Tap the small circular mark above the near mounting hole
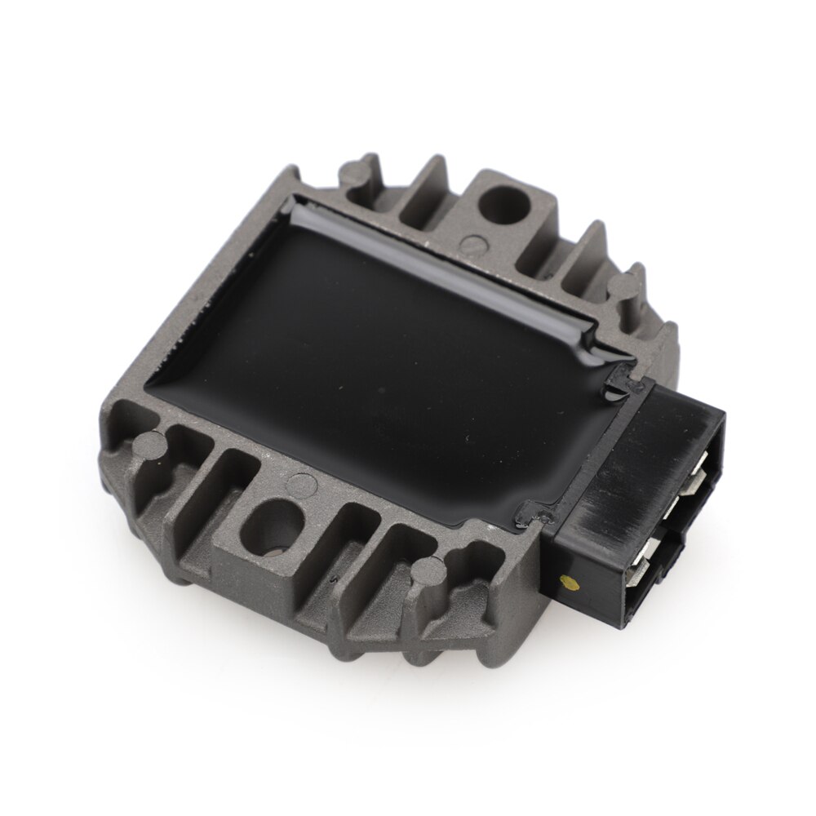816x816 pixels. tap(303, 482)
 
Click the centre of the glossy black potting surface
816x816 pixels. tap(392, 359)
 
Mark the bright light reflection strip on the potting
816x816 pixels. tap(457, 269)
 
